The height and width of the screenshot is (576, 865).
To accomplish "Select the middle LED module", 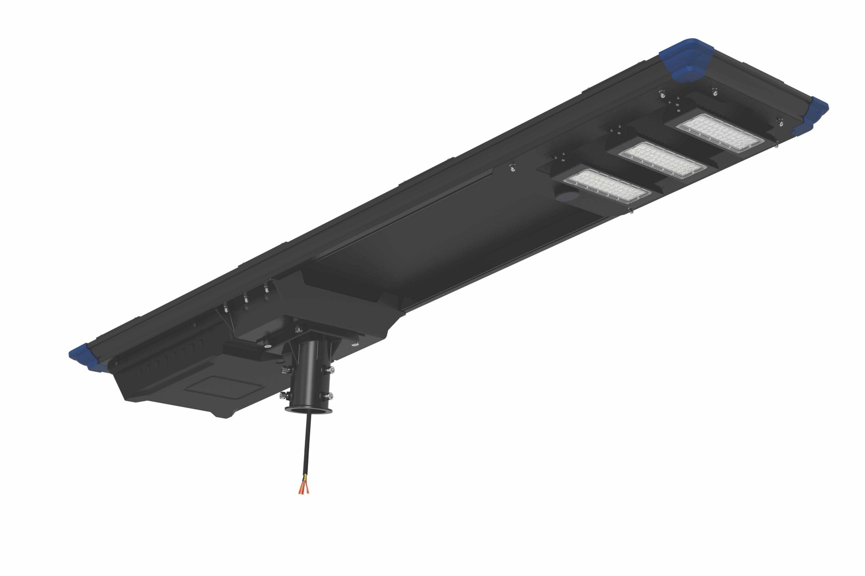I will [x=663, y=161].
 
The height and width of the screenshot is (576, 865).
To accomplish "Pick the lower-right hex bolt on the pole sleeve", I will [x=330, y=396].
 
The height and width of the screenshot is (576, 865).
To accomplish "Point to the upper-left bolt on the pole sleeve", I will [x=285, y=369].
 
